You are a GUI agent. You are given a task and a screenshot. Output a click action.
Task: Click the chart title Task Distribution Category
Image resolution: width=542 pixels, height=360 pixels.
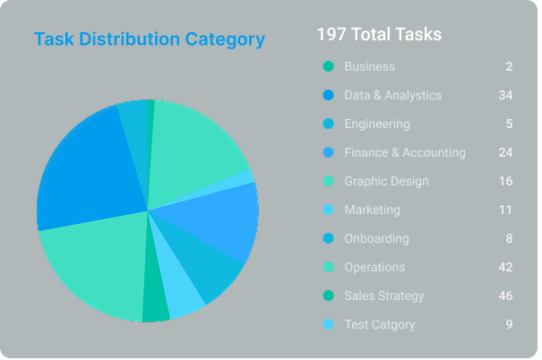coord(149,39)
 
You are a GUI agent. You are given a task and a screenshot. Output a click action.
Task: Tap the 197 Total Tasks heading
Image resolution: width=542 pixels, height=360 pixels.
coord(379,35)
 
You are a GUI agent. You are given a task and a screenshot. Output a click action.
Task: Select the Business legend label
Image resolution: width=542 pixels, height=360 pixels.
coord(369,66)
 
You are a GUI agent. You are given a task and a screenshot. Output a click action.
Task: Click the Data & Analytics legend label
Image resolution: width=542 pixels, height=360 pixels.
coord(392,95)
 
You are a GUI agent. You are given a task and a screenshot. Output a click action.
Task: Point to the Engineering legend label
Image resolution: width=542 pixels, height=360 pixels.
coord(376,124)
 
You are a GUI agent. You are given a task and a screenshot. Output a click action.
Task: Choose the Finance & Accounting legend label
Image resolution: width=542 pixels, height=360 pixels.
coord(404,152)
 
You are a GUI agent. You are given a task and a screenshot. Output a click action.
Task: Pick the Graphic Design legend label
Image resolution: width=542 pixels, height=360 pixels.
coord(386,181)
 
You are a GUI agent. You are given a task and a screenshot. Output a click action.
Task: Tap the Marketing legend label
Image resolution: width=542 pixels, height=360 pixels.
coord(372,210)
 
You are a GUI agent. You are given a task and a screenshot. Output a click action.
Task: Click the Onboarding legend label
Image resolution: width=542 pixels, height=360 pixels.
coord(376,238)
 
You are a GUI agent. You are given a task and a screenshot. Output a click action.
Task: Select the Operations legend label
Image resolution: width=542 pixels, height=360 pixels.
coord(374,267)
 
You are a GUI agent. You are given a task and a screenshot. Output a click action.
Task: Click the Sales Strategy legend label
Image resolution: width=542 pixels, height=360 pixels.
coord(383,296)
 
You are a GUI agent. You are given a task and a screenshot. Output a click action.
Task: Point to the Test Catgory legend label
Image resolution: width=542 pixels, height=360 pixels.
coord(380,324)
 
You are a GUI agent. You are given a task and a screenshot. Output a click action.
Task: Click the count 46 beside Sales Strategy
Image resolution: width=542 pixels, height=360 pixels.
coord(505,296)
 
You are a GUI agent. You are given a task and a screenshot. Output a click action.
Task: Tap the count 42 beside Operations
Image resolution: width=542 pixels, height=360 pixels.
coord(505,267)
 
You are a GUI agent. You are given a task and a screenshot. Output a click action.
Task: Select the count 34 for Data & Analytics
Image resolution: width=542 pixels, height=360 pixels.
coord(505,95)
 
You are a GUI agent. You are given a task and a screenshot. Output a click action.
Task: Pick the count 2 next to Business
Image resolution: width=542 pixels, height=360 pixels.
coord(509,66)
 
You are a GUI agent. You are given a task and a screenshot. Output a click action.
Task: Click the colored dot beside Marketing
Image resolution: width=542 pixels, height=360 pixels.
coord(328,210)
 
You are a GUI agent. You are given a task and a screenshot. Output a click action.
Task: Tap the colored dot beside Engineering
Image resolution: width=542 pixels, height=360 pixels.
coord(328,124)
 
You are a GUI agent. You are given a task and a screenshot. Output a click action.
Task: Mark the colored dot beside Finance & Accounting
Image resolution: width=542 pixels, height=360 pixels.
coord(328,152)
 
